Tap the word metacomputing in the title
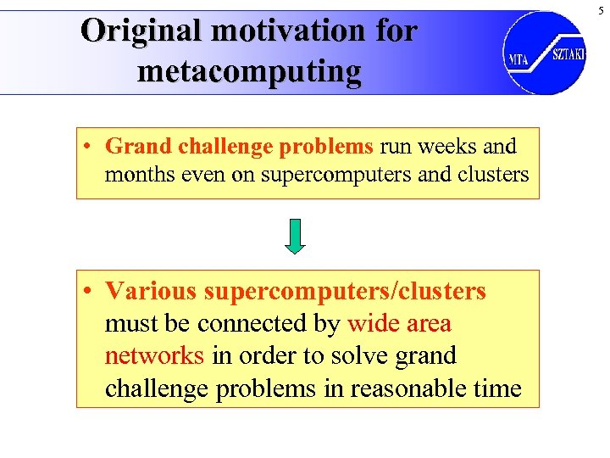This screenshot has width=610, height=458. [x=248, y=71]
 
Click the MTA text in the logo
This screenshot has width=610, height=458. [x=518, y=60]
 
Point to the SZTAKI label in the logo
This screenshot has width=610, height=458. [x=568, y=54]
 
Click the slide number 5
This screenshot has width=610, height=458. [x=601, y=9]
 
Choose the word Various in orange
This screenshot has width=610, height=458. [x=151, y=292]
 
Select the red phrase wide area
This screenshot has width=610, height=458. [x=399, y=323]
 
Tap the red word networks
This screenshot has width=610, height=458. [x=154, y=355]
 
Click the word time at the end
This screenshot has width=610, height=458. [x=498, y=388]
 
